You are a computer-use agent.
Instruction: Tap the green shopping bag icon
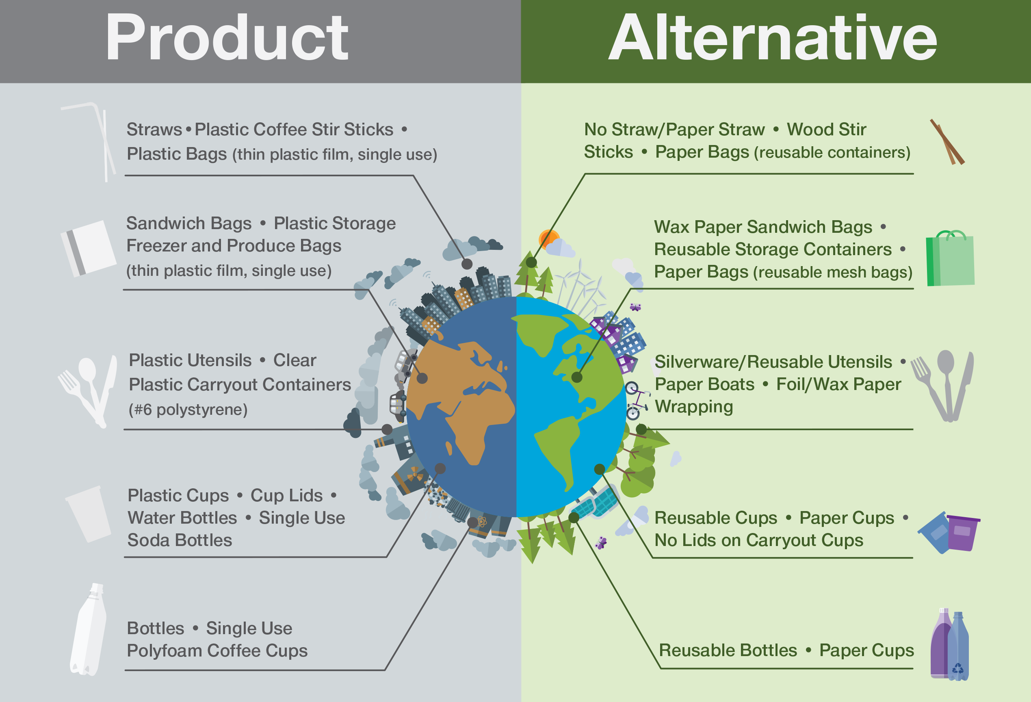coord(950,258)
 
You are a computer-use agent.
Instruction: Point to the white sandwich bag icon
coord(88,249)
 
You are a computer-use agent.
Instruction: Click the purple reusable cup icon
coord(963,533)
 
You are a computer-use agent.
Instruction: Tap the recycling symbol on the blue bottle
coord(958,668)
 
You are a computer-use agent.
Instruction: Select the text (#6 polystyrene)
coord(188,409)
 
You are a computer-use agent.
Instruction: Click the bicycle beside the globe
coord(636,401)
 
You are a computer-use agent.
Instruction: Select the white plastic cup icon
coord(88,514)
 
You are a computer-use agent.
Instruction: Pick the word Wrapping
coord(694,407)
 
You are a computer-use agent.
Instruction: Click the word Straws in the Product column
coord(154,130)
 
